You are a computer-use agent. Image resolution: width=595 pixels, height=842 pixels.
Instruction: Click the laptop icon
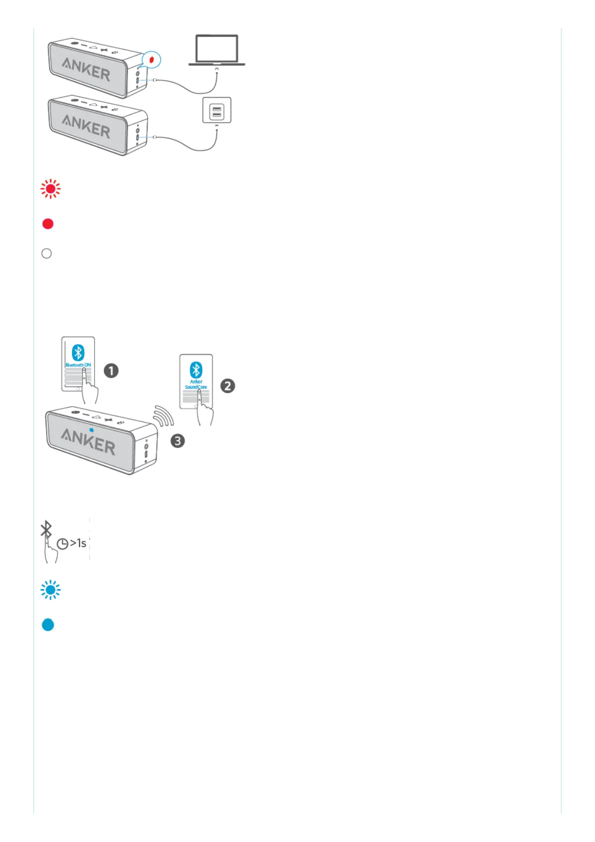[x=216, y=50]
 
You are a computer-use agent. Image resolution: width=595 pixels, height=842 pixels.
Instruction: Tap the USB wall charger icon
[x=216, y=110]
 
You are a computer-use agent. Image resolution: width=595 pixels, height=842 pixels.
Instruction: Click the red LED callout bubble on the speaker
[x=151, y=60]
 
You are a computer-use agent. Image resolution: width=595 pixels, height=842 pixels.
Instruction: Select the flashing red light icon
[x=50, y=189]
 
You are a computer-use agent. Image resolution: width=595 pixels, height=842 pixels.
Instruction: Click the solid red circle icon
[x=48, y=223]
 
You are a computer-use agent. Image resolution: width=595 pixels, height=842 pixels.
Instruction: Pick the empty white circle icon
[x=46, y=253]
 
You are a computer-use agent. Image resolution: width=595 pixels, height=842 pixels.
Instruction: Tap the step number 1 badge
[x=111, y=370]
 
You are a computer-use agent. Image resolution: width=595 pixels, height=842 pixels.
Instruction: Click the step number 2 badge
[x=227, y=385]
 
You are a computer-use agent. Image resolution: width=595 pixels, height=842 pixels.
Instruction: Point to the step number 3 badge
[x=177, y=440]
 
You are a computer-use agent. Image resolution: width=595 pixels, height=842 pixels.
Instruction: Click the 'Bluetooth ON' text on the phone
[x=78, y=365]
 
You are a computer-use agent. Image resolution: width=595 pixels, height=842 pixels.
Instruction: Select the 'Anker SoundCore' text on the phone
[x=196, y=384]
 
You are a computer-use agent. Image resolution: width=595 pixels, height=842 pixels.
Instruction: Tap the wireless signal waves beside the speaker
[x=163, y=416]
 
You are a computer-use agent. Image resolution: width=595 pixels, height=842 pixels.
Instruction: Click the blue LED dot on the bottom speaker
[x=91, y=429]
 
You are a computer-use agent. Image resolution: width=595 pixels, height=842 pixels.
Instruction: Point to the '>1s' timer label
[x=78, y=543]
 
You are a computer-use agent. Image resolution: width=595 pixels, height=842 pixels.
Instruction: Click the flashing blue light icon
[x=50, y=590]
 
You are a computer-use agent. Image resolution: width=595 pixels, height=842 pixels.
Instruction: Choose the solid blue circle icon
[x=48, y=624]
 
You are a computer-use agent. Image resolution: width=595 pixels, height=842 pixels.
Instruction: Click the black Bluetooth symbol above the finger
[x=46, y=529]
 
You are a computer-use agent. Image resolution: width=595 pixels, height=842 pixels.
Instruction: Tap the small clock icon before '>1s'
[x=62, y=544]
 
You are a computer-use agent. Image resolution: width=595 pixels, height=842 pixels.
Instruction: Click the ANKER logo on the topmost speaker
[x=86, y=69]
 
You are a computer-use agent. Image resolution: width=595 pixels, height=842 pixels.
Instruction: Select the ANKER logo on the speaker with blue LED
[x=88, y=441]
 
